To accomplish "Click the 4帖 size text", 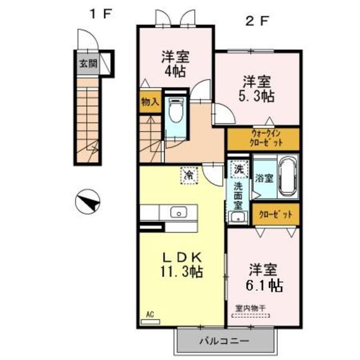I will tap(175, 71).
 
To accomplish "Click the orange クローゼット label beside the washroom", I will tap(276, 214).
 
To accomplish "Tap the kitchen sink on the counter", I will tap(179, 213).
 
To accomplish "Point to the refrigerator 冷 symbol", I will tap(190, 175).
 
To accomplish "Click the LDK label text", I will tap(182, 256).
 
